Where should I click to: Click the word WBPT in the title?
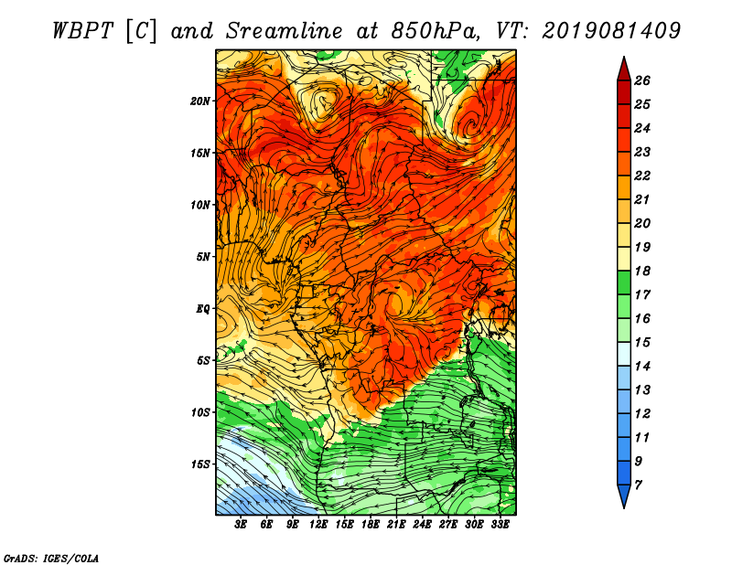(x=82, y=31)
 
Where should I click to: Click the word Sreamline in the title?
(x=285, y=31)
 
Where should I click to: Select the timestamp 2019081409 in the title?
(x=611, y=31)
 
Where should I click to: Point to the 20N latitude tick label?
(x=200, y=101)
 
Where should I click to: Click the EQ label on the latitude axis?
(x=202, y=309)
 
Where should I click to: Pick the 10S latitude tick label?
(x=200, y=412)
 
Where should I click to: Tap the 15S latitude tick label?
(x=200, y=464)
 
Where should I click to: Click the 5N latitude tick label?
(x=203, y=257)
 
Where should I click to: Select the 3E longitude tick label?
(x=241, y=525)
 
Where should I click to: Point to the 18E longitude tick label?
(x=370, y=525)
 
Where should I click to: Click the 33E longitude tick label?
(x=500, y=525)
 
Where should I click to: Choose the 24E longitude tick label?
(x=422, y=525)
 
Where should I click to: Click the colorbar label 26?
(x=642, y=80)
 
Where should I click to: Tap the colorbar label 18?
(x=642, y=271)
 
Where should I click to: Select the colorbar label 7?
(x=638, y=485)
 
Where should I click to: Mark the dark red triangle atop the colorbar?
(x=624, y=70)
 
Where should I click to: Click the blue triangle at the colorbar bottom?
(x=624, y=495)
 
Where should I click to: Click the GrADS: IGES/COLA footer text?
(x=51, y=558)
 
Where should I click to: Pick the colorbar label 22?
(x=642, y=176)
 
